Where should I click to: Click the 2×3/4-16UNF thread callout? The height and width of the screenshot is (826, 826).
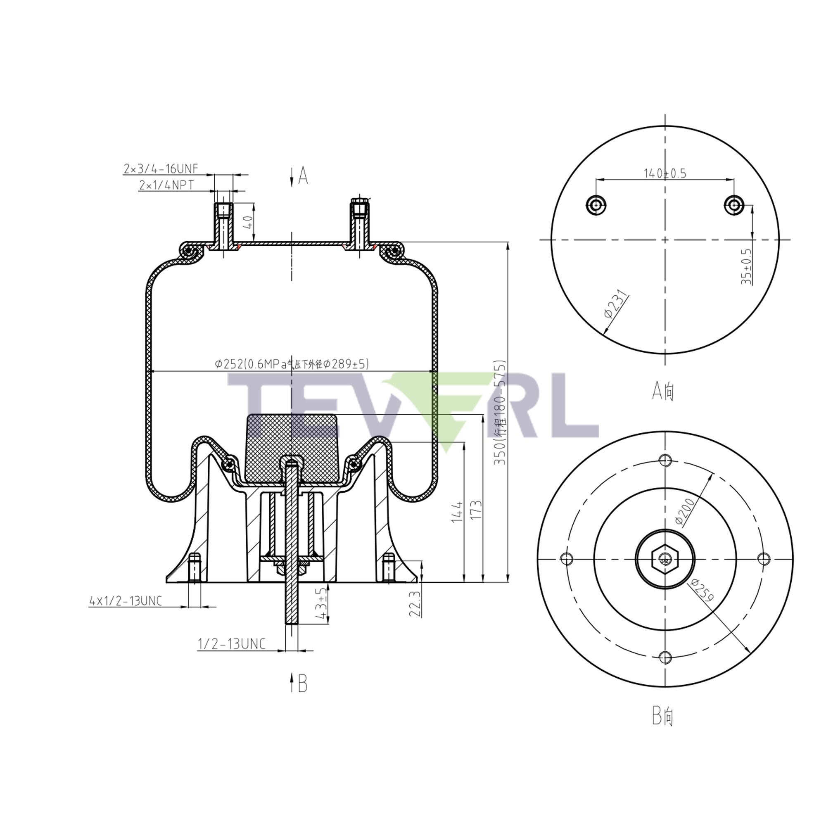pyautogui.click(x=161, y=169)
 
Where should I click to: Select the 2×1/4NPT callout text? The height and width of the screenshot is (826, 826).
pyautogui.click(x=166, y=185)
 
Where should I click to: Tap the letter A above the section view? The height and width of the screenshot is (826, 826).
pyautogui.click(x=303, y=176)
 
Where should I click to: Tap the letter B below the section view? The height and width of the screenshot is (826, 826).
pyautogui.click(x=302, y=684)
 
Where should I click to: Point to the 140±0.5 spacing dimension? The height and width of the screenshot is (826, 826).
pyautogui.click(x=665, y=173)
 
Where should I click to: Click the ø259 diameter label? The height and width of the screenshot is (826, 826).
pyautogui.click(x=702, y=591)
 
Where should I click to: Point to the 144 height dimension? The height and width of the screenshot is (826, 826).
pyautogui.click(x=457, y=511)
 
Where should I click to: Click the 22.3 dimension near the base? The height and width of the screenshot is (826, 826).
pyautogui.click(x=415, y=603)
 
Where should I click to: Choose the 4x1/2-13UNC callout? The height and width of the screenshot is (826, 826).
pyautogui.click(x=126, y=601)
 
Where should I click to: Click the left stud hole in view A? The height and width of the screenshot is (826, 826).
pyautogui.click(x=596, y=205)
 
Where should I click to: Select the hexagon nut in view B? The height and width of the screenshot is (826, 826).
pyautogui.click(x=665, y=558)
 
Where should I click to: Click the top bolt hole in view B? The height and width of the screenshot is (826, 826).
pyautogui.click(x=665, y=460)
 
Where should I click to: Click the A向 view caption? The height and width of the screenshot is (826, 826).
pyautogui.click(x=663, y=390)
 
